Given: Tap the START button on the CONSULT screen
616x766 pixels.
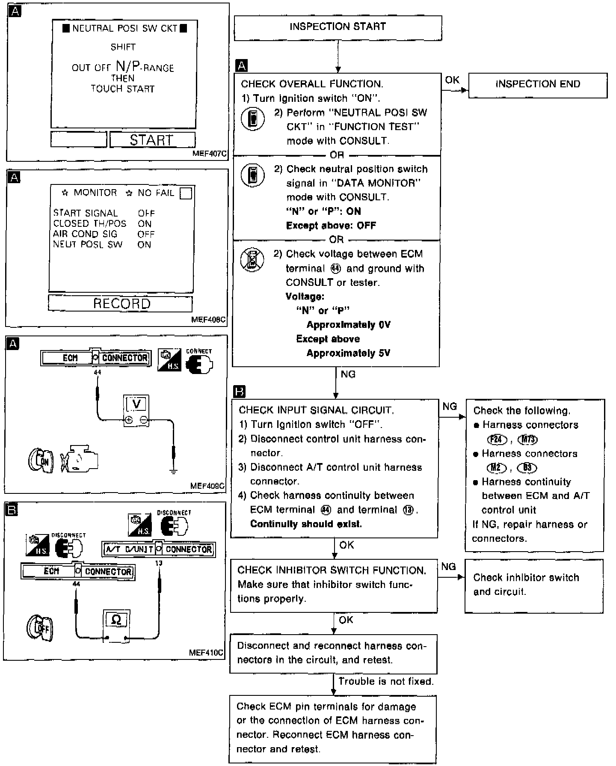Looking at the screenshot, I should tap(152, 140).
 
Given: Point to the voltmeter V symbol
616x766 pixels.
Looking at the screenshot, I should tap(136, 404).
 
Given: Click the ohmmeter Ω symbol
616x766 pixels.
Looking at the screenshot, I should tap(116, 619).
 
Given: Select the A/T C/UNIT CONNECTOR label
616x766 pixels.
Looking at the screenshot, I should tap(158, 549).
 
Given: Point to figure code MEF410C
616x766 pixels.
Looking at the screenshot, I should tap(206, 653).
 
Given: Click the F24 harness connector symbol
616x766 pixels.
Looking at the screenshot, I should tap(497, 439).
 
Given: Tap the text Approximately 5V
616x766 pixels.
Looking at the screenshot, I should tap(348, 353).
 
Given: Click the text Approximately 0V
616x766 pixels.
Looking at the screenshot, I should tap(348, 325).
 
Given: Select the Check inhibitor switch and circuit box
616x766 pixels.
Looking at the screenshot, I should tap(534, 585).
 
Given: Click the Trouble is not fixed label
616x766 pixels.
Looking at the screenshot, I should tap(386, 681).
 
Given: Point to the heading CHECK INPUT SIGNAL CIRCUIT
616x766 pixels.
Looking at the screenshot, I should tap(316, 410).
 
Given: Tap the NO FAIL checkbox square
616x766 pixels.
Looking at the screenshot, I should tap(186, 194).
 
